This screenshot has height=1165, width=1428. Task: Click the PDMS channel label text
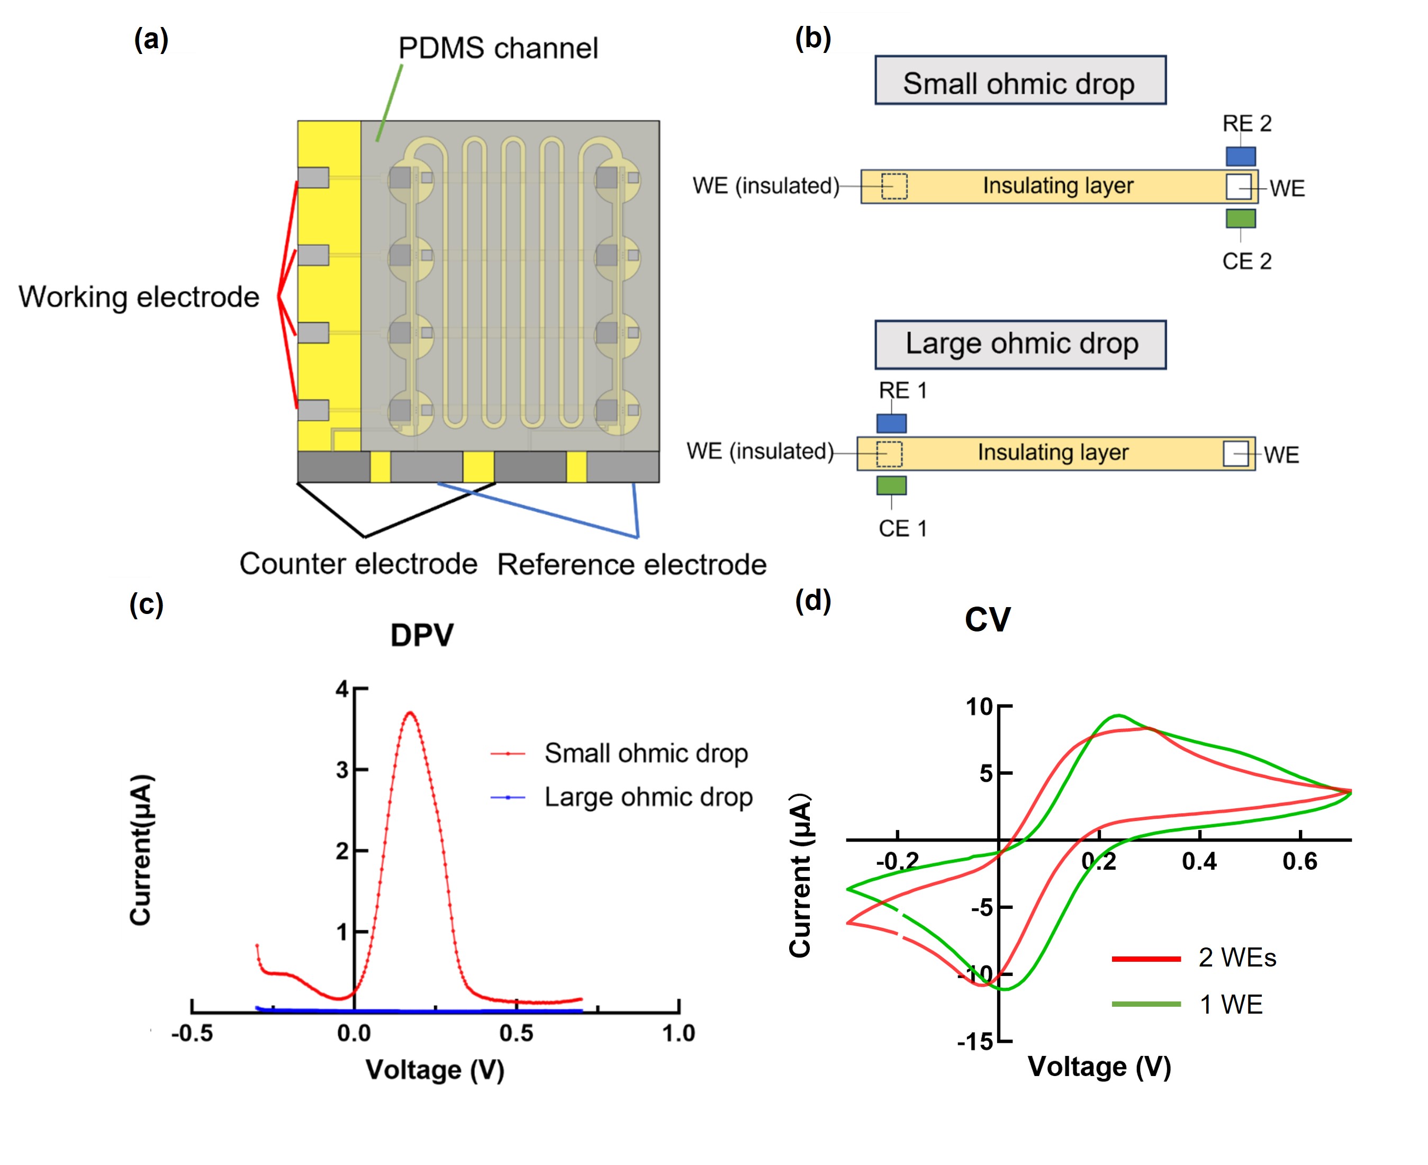tap(498, 48)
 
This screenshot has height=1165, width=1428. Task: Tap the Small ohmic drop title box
tap(1020, 80)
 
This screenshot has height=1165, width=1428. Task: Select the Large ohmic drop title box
tap(1020, 344)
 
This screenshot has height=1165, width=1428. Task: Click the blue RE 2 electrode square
tap(1241, 156)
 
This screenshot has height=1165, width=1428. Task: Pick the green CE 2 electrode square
tap(1241, 218)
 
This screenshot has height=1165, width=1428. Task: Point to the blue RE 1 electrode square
tap(891, 423)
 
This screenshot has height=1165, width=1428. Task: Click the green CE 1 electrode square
tap(891, 485)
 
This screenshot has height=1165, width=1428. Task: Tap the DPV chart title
tap(422, 635)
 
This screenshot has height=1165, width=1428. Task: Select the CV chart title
tap(987, 619)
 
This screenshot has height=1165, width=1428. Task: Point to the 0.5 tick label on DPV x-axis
tap(516, 1033)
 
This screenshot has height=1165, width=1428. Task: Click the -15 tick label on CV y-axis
tap(974, 1042)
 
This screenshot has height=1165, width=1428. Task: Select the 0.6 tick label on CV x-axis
tap(1299, 861)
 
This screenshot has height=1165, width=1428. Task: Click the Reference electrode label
tap(631, 564)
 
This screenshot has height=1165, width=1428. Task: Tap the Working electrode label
tap(139, 296)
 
